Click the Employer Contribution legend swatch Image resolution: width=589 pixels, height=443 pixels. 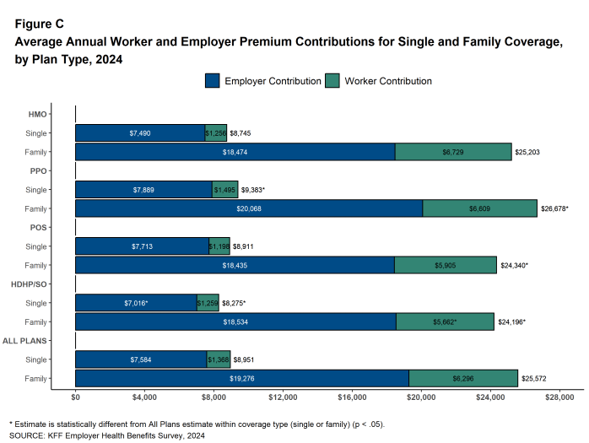pos(212,81)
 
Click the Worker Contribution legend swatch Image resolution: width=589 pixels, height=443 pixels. pos(332,81)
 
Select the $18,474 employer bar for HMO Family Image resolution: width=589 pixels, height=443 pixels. pos(235,152)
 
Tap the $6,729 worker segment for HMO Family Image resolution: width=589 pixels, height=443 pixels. pos(453,152)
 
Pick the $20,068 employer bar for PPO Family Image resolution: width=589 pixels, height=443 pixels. pos(248,208)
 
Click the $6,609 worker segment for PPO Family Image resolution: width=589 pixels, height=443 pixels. pos(479,208)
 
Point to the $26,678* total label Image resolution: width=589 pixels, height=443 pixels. pos(555,208)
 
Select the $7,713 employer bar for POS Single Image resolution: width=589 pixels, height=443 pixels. pos(142,246)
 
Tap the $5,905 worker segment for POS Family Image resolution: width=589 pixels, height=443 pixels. pos(445,265)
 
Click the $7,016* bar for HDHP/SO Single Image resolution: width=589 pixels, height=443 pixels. pos(136,303)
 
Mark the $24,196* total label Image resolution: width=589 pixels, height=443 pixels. pos(512,321)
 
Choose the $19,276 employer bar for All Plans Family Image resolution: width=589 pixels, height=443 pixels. pos(241,379)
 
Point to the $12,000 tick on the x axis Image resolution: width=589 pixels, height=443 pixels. pos(283,397)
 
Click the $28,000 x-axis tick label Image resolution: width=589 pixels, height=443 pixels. pos(559,397)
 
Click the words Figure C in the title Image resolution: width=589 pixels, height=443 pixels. pos(39,24)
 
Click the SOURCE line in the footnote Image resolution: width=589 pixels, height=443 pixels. pos(106,436)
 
